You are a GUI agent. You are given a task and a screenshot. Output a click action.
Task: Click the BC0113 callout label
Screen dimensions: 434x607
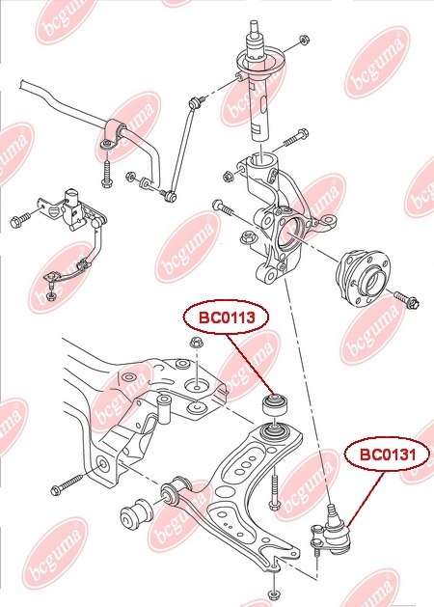(x=227, y=317)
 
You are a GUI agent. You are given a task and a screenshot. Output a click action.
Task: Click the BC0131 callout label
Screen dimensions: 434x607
(x=388, y=454)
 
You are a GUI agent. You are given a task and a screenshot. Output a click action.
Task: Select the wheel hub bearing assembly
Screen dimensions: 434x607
(x=363, y=277)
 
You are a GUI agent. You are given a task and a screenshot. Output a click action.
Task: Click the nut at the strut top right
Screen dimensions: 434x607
(x=304, y=40)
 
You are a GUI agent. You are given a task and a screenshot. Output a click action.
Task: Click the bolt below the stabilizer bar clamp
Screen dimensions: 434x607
(x=107, y=172)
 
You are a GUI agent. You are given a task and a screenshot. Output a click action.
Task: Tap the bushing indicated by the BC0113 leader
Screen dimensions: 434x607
(x=276, y=404)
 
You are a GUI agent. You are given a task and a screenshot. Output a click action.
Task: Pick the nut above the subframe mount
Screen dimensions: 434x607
(x=197, y=343)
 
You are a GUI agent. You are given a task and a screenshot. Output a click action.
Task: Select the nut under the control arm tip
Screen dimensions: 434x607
(x=273, y=593)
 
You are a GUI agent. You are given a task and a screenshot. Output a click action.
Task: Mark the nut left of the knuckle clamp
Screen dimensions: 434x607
(x=229, y=176)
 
